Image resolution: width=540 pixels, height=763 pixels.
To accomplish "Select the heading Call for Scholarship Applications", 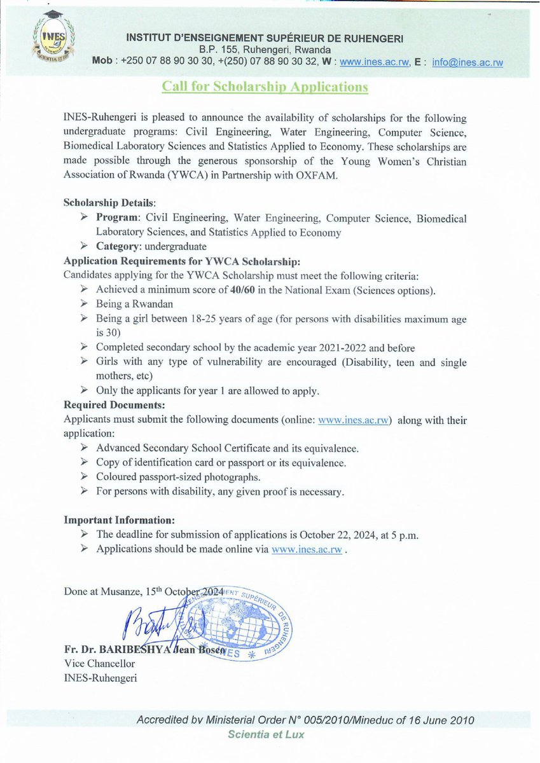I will click(265, 86).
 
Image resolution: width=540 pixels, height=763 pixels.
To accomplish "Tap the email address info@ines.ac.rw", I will click(467, 62).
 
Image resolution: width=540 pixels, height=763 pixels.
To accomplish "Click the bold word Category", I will click(119, 246).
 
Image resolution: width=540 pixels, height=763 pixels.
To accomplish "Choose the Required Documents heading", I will click(114, 404).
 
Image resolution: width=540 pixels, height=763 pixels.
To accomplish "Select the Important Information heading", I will click(119, 519).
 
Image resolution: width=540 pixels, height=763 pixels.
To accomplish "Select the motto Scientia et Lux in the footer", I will click(267, 735).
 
